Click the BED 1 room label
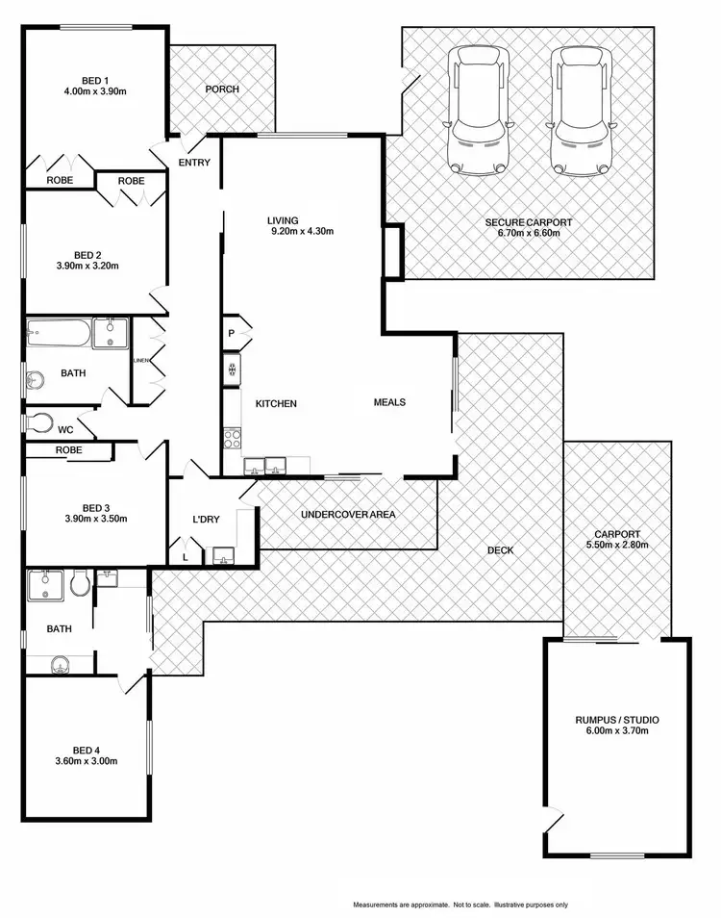pos(92,80)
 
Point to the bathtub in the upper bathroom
pos(59,335)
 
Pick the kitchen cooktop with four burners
pos(232,438)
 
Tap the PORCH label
pos(222,89)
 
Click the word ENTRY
pos(194,163)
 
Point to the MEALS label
pos(389,402)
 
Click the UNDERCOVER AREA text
pos(347,514)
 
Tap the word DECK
pos(500,550)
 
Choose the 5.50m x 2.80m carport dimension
pos(616,545)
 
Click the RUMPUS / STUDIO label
pos(616,719)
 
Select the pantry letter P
pos(231,334)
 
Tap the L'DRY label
pos(206,520)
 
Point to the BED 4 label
pos(85,750)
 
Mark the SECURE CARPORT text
pos(528,222)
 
